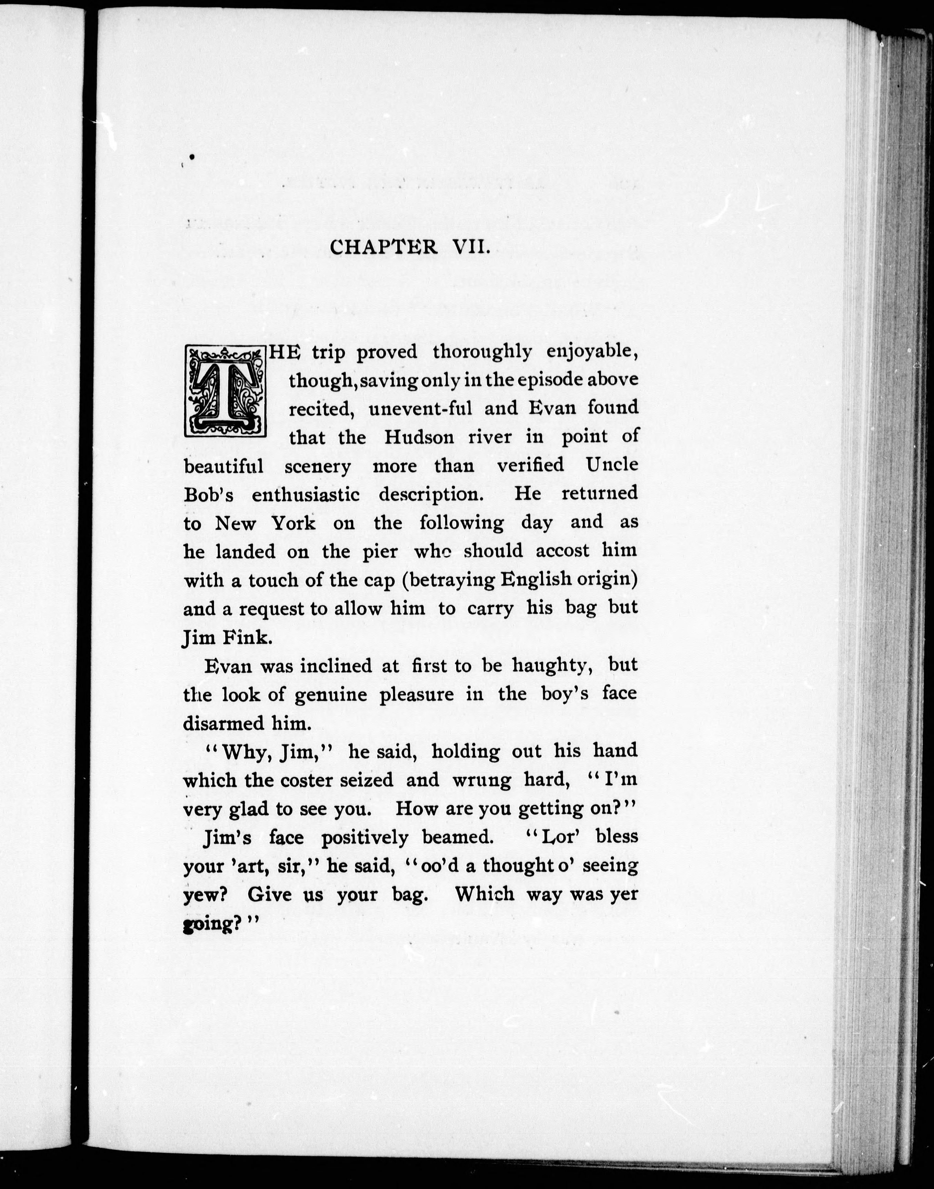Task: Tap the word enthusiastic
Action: click(x=305, y=495)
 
